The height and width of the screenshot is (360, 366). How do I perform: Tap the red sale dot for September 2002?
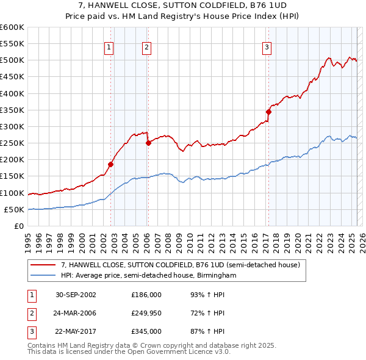pyautogui.click(x=111, y=164)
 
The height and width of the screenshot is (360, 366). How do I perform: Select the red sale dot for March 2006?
pyautogui.click(x=148, y=143)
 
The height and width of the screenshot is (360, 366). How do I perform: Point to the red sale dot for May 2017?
pyautogui.click(x=268, y=112)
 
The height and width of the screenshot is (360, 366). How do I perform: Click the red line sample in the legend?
pyautogui.click(x=43, y=265)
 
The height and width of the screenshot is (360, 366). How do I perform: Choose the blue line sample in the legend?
pyautogui.click(x=43, y=276)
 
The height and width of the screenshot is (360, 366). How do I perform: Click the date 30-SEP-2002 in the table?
pyautogui.click(x=76, y=295)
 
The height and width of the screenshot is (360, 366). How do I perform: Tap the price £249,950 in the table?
pyautogui.click(x=146, y=313)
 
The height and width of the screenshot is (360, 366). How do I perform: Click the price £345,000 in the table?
pyautogui.click(x=146, y=331)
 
